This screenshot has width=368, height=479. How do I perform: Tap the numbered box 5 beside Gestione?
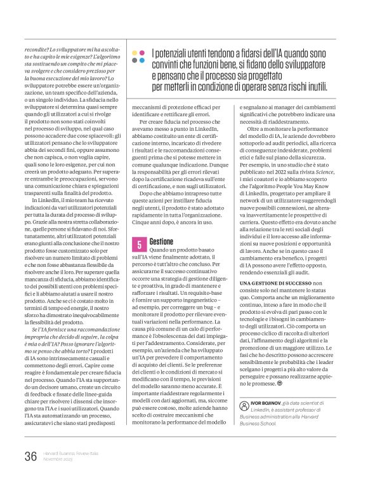138,243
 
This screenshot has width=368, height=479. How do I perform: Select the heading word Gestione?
163,241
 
